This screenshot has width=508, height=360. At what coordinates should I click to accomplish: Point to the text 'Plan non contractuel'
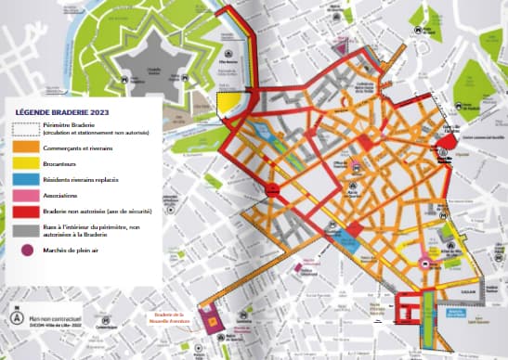[x=56, y=314]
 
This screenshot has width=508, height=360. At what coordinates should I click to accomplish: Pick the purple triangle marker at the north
[x=341, y=45]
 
